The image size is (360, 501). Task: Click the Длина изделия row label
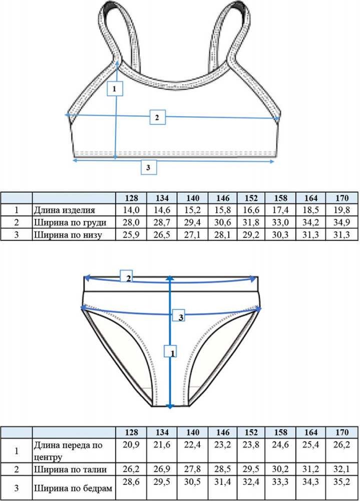tap(65, 210)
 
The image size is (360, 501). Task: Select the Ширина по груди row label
tap(70, 222)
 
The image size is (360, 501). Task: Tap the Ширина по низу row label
tap(68, 235)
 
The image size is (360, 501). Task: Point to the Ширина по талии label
tap(70, 469)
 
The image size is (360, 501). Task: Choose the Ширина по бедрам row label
tap(73, 488)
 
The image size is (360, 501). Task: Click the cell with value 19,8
tap(341, 210)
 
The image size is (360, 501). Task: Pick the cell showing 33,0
tap(280, 222)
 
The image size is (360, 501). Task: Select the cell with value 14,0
tap(131, 210)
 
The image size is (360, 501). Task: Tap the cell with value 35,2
tap(341, 482)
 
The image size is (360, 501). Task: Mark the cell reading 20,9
tap(131, 445)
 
